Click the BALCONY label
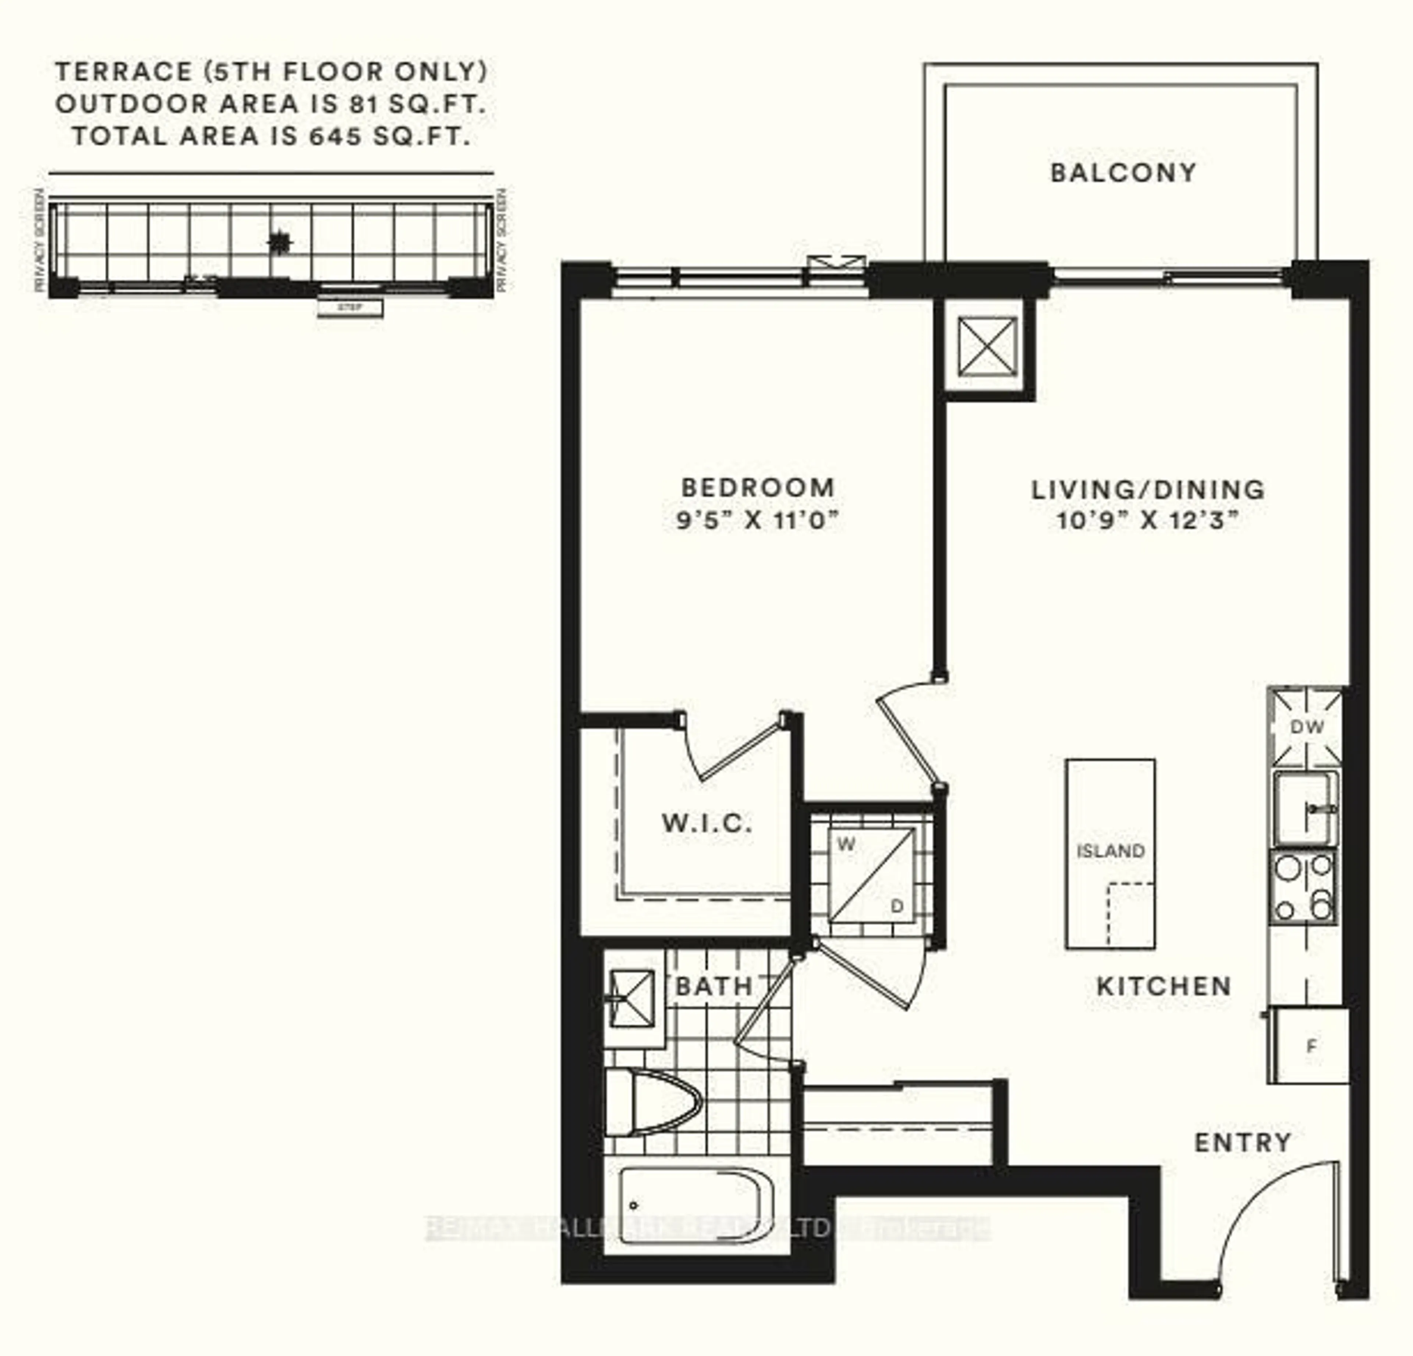tap(1123, 173)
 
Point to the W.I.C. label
tap(706, 823)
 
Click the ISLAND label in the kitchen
tap(1110, 851)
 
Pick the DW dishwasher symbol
tap(1306, 727)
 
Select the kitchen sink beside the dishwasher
tap(1305, 808)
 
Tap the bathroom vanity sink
tap(632, 999)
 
